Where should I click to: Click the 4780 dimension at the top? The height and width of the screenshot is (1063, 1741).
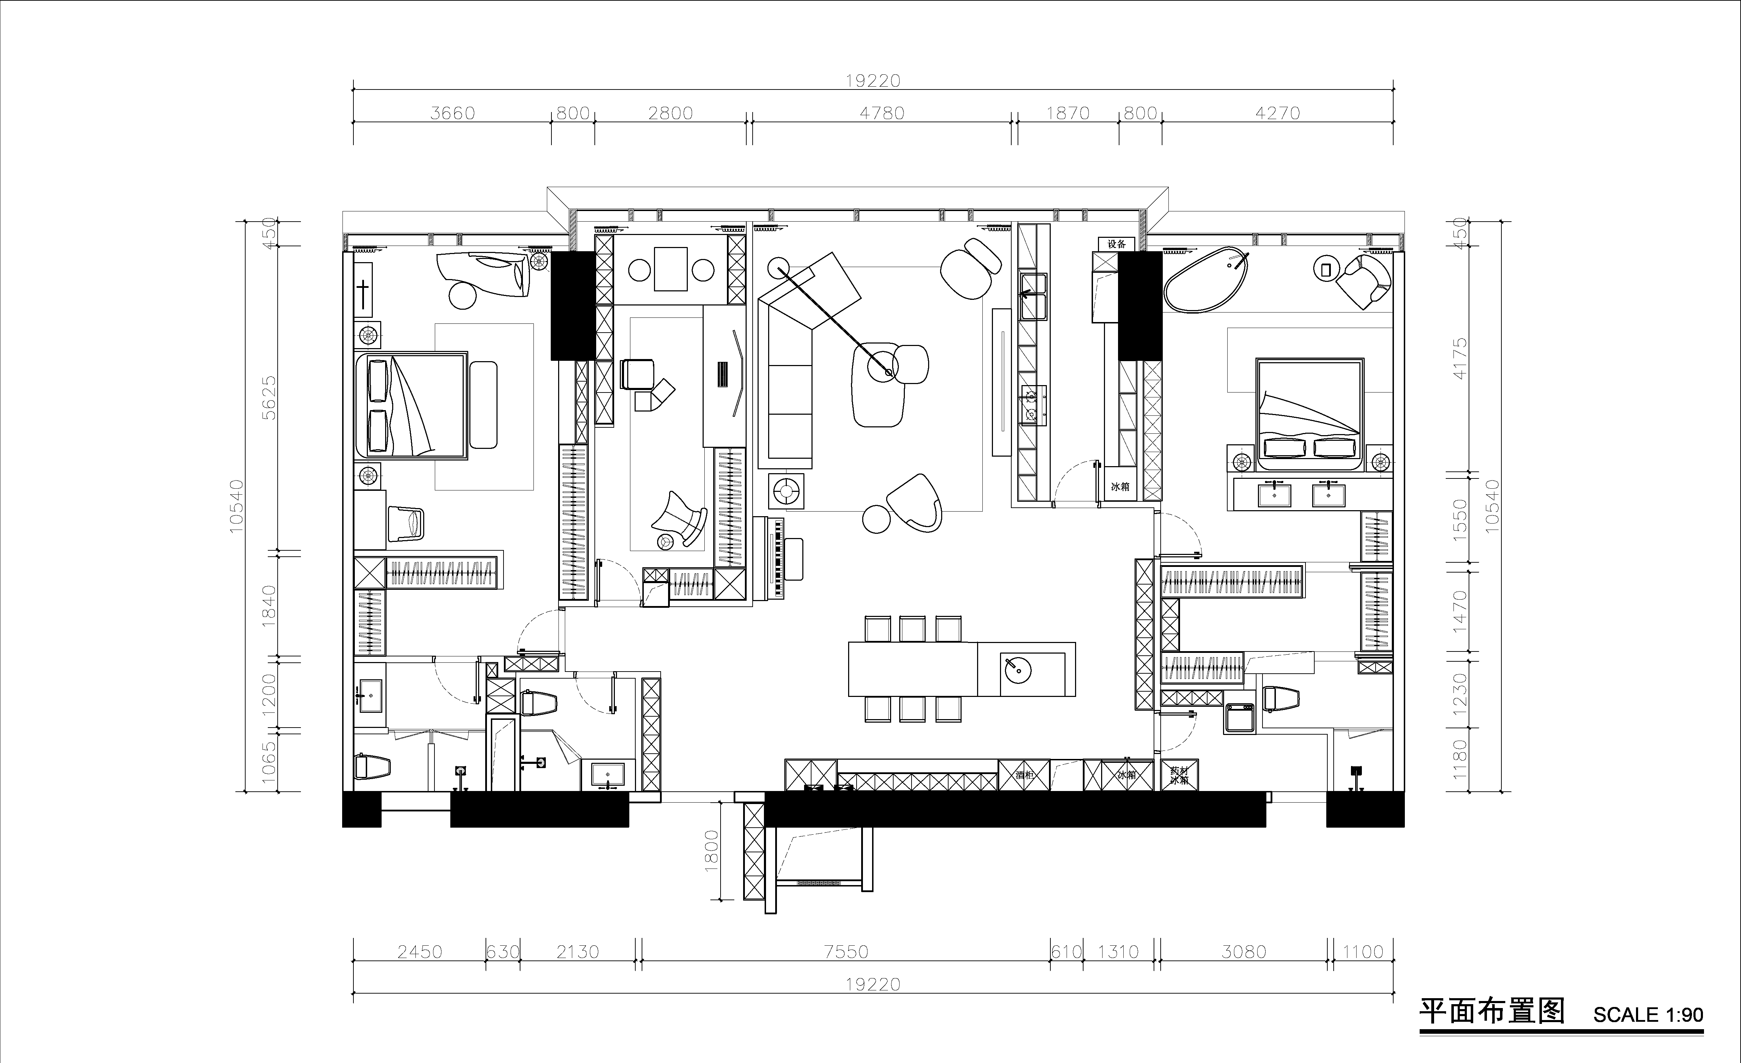click(x=882, y=113)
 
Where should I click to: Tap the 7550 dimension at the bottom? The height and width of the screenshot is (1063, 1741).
click(x=846, y=952)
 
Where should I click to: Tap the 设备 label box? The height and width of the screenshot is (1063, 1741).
click(x=1116, y=244)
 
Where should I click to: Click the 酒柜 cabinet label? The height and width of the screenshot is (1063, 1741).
click(x=1024, y=775)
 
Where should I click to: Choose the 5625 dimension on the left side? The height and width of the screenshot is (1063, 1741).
click(x=269, y=398)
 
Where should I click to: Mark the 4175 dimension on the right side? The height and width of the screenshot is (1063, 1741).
click(x=1460, y=358)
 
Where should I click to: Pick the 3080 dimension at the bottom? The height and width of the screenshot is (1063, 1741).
click(x=1243, y=952)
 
